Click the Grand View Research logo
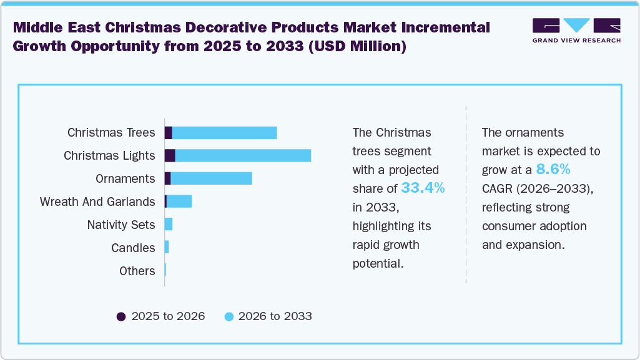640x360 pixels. click(576, 31)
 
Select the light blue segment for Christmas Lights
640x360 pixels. click(243, 155)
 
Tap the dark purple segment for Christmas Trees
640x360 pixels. click(168, 132)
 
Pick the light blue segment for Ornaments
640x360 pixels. click(211, 178)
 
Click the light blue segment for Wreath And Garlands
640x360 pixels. click(179, 202)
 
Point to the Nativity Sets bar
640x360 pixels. click(169, 225)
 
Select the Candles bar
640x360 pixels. click(167, 248)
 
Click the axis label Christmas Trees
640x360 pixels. click(111, 132)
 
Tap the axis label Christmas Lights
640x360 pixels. click(109, 155)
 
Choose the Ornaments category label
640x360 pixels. click(125, 178)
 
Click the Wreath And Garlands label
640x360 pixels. click(97, 202)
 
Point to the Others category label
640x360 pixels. click(137, 271)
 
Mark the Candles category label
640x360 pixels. click(133, 248)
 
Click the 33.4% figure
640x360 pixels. click(423, 188)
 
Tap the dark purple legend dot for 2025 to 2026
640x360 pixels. click(121, 316)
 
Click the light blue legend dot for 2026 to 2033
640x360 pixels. click(229, 316)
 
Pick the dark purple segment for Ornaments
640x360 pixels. click(167, 178)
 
